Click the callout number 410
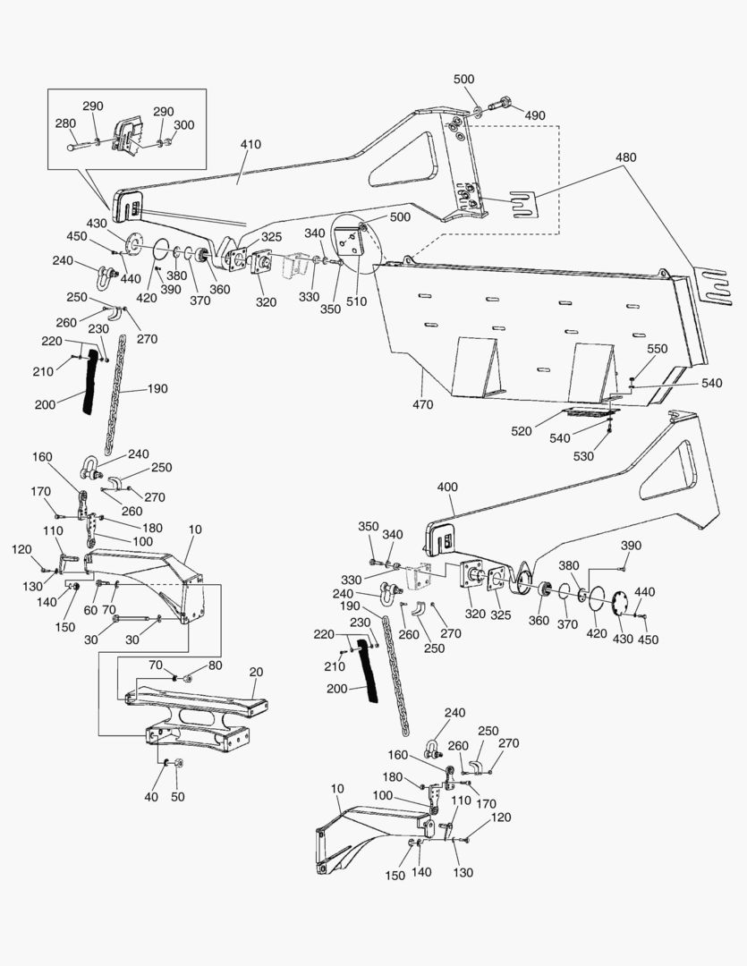[250, 144]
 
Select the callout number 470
[423, 404]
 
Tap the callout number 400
[447, 487]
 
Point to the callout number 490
[534, 115]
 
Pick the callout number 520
[522, 431]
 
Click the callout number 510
[356, 301]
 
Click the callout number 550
[657, 348]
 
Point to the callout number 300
[183, 125]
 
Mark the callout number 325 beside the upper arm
[271, 237]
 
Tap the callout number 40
[151, 796]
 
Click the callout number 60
[89, 609]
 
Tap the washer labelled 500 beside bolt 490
[477, 111]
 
